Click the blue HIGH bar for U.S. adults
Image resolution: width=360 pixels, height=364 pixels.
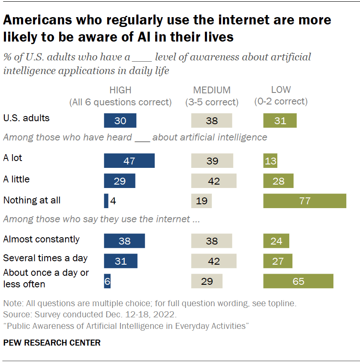click(120, 121)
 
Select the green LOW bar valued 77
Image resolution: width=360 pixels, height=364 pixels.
click(304, 201)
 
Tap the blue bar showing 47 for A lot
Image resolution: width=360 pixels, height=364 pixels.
click(129, 161)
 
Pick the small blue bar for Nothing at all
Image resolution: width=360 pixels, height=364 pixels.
click(106, 201)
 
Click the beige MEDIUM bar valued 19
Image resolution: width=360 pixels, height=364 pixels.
click(201, 201)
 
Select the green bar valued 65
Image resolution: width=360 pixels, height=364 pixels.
click(298, 281)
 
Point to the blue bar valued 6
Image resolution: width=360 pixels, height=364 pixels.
click(107, 281)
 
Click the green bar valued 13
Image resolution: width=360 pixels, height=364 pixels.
click(270, 161)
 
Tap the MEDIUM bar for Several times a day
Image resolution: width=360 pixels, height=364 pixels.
click(213, 261)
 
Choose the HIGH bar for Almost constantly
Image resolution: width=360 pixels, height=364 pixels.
click(124, 241)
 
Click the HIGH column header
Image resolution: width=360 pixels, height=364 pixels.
click(120, 90)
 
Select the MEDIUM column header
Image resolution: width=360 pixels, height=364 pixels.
click(212, 90)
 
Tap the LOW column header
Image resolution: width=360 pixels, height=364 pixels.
click(281, 90)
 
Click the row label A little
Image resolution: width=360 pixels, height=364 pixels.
click(16, 179)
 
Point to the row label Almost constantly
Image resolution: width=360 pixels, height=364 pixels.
click(41, 239)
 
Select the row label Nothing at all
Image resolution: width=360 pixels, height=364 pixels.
click(32, 200)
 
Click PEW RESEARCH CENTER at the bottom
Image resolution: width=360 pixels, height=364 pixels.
click(52, 343)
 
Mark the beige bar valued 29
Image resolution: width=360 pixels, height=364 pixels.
click(207, 281)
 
